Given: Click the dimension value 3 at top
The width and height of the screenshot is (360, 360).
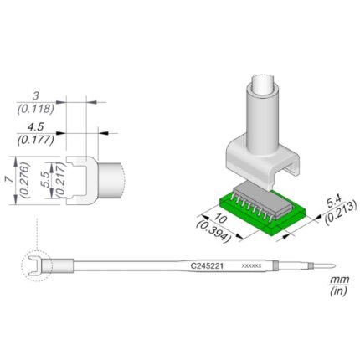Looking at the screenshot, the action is (35, 96).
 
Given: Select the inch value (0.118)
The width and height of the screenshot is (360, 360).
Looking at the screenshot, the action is (35, 109).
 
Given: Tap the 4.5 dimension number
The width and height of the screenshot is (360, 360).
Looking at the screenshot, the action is (36, 127).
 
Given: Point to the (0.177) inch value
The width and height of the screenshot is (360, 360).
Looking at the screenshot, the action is (35, 140).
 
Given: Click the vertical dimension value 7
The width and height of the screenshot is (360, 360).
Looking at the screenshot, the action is (10, 179).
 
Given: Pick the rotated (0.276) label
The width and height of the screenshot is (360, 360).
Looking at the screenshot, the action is (26, 180).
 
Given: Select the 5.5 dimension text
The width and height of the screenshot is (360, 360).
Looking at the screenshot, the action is (46, 179).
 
